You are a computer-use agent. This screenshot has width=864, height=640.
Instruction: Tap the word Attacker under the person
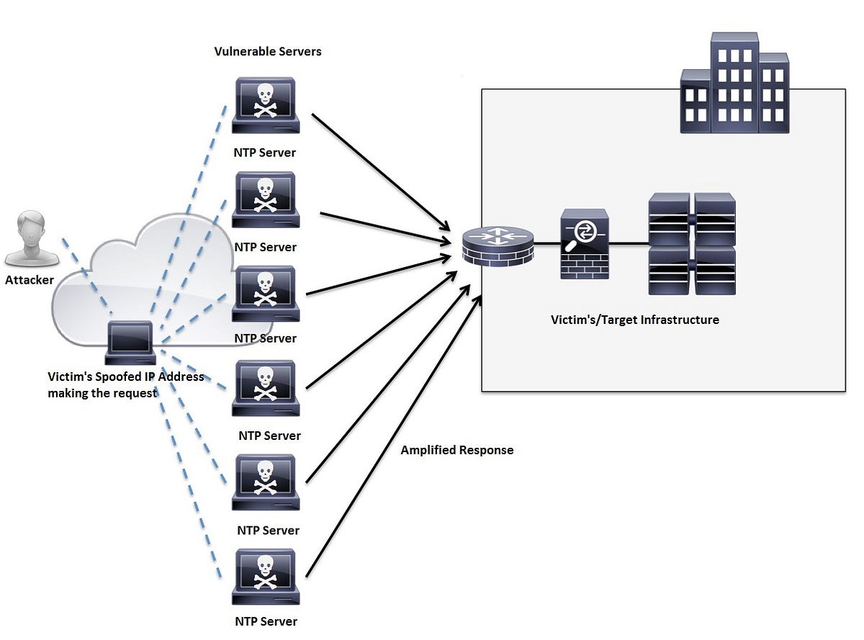click(x=30, y=279)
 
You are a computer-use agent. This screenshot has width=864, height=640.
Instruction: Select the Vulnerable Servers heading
click(x=268, y=51)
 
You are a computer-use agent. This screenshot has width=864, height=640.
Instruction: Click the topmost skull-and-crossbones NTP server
click(x=266, y=105)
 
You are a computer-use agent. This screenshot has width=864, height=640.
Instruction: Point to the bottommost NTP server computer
click(x=266, y=577)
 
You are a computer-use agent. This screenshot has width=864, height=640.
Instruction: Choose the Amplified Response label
click(x=457, y=450)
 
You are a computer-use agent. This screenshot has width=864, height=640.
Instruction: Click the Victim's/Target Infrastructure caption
click(x=635, y=320)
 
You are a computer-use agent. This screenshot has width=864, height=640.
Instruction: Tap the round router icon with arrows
click(x=498, y=246)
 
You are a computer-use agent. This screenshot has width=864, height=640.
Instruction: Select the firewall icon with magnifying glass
click(x=585, y=244)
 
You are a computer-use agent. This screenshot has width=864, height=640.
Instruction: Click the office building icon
click(x=734, y=83)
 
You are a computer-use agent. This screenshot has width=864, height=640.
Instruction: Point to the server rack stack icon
click(x=692, y=244)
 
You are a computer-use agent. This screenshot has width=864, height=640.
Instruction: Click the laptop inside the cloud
click(x=130, y=343)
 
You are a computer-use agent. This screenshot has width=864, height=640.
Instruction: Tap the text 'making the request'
click(x=102, y=393)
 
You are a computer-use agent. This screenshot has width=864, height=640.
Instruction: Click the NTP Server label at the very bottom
click(x=266, y=621)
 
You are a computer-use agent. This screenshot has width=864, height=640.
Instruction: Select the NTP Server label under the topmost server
click(x=264, y=153)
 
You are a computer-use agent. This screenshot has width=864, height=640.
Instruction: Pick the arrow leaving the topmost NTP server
click(x=381, y=173)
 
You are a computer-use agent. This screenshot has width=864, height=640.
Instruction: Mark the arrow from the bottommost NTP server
click(x=395, y=436)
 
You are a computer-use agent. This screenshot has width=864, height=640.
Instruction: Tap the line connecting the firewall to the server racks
click(x=629, y=244)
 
